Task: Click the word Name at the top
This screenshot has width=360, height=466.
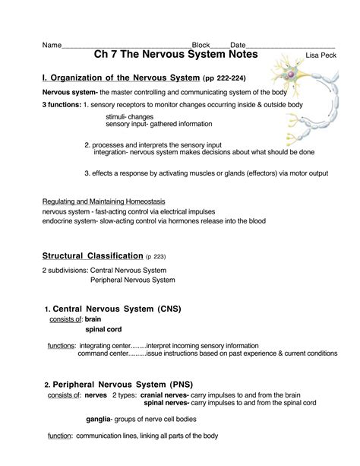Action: [x=52, y=45]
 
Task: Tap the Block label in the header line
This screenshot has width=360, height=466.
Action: [x=201, y=45]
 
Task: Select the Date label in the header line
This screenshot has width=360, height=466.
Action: [x=238, y=45]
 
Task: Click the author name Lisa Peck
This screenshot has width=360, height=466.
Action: [x=321, y=55]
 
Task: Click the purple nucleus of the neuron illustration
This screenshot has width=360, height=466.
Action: [x=290, y=74]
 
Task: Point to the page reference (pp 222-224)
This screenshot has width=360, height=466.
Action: [x=224, y=78]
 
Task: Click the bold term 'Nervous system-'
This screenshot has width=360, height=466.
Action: [x=70, y=93]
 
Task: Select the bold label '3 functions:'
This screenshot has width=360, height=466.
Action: [x=62, y=105]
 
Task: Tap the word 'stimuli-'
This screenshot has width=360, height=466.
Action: [x=116, y=116]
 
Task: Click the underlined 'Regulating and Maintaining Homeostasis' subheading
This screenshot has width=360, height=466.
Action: [x=103, y=201]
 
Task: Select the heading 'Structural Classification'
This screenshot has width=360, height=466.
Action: [x=93, y=256]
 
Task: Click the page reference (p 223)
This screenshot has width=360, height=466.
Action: [x=156, y=256]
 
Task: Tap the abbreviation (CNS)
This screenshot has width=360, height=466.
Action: [x=169, y=309]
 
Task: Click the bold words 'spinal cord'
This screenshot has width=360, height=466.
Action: [x=103, y=329]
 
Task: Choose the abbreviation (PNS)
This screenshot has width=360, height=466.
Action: [x=182, y=385]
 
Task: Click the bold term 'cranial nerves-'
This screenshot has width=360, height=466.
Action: [x=165, y=395]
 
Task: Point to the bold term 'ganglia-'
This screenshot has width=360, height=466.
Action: [x=99, y=420]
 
